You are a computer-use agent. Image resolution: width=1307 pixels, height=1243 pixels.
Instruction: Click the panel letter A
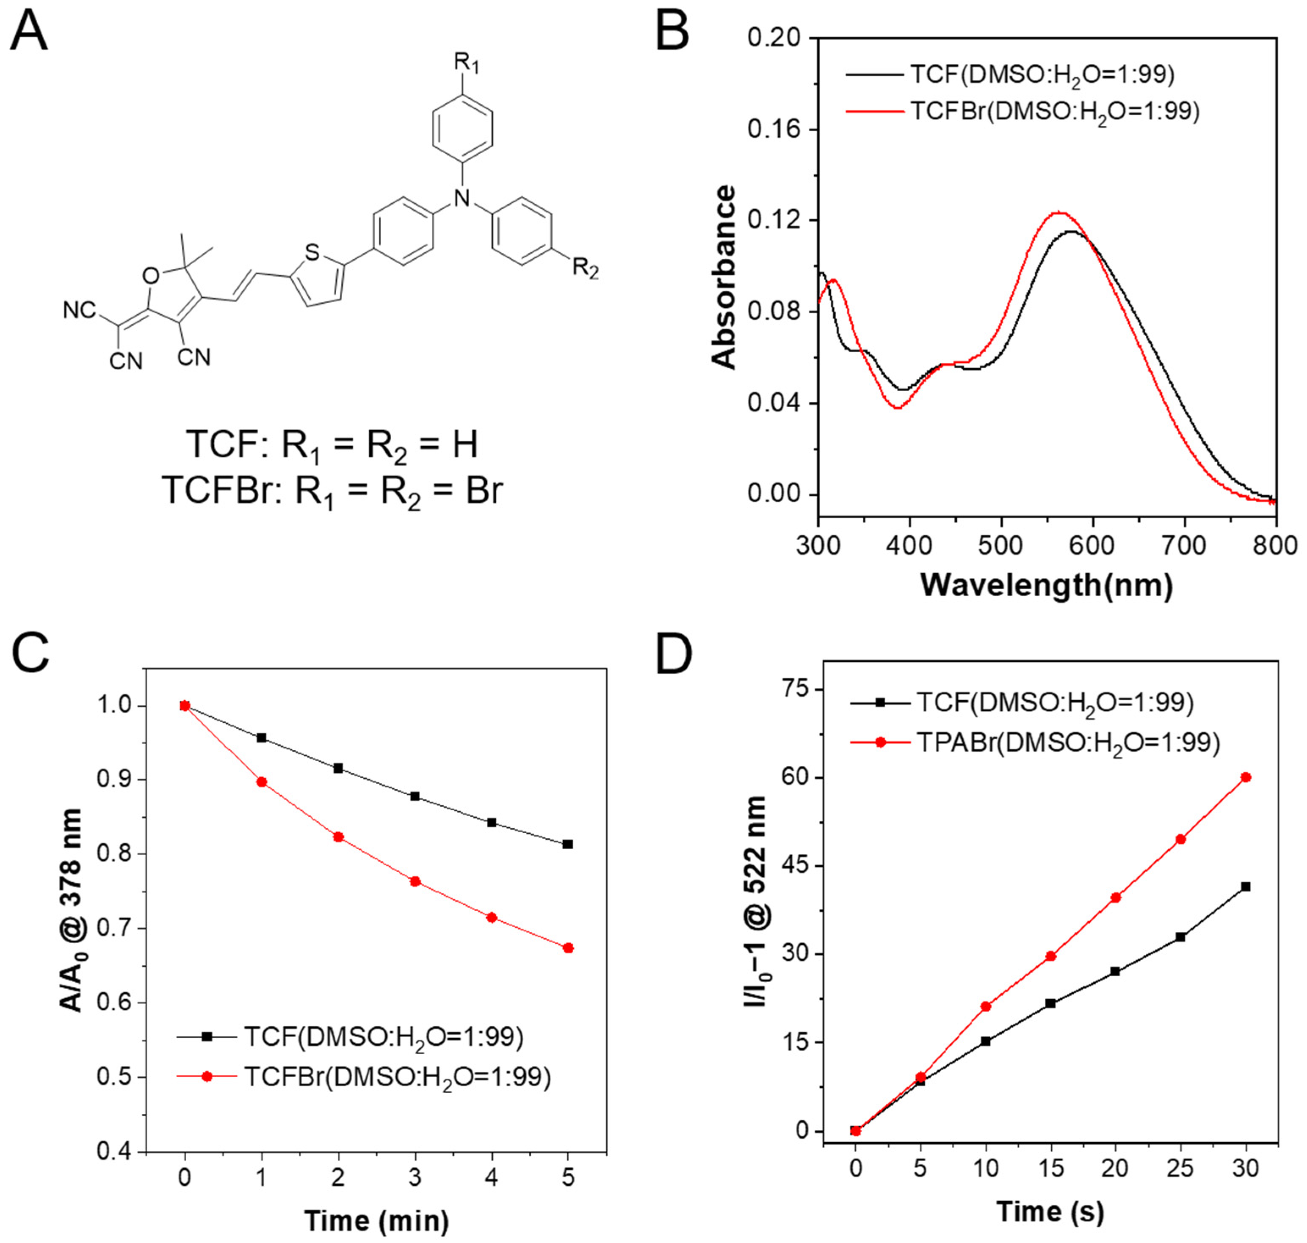point(29,32)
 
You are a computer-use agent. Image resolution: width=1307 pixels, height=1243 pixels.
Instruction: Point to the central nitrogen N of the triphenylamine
point(462,197)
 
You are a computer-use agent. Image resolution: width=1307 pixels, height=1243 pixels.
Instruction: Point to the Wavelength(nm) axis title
point(1047,585)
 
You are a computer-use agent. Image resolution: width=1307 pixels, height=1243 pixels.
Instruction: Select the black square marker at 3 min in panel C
point(415,796)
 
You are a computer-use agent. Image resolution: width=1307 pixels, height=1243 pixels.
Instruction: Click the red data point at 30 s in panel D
point(1245,777)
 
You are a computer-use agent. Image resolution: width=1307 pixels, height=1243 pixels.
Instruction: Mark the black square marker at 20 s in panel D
point(1115,971)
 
